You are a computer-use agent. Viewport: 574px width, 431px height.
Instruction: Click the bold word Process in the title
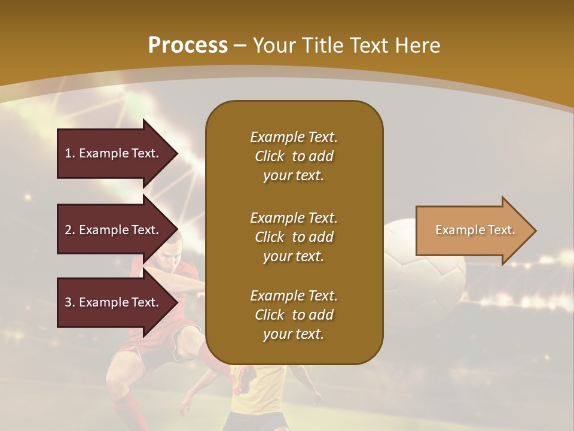(188, 45)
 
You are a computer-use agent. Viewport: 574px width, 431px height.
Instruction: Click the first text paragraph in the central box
(294, 156)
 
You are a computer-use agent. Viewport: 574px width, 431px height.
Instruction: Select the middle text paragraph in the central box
(294, 237)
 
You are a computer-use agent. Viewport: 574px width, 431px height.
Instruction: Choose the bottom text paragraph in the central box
(294, 315)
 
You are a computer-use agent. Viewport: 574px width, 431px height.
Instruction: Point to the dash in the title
(240, 45)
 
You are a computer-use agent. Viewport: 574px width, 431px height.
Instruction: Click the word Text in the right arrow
(501, 230)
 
